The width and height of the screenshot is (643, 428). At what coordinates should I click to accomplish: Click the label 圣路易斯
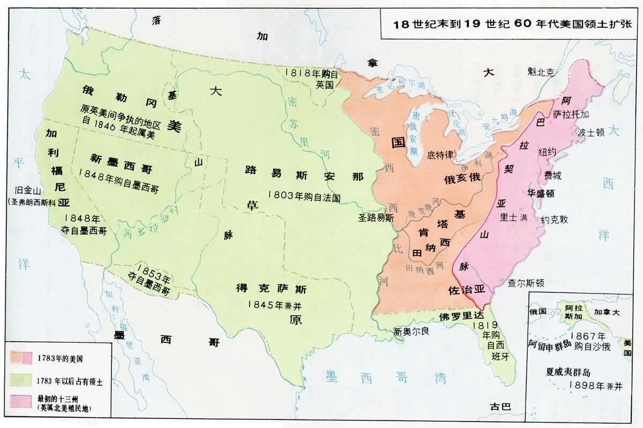(x=376, y=218)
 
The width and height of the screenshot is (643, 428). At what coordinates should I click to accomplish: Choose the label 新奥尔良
(x=412, y=331)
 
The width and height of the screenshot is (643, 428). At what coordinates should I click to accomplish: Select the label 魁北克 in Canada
(x=540, y=72)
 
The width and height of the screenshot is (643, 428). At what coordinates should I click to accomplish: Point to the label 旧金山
(x=29, y=191)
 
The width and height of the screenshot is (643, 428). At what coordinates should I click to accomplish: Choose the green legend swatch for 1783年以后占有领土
(x=22, y=379)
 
